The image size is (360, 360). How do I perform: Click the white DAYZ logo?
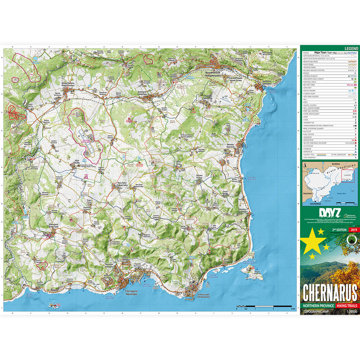pos(319,213)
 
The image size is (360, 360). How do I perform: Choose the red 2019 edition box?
pos(354,230)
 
